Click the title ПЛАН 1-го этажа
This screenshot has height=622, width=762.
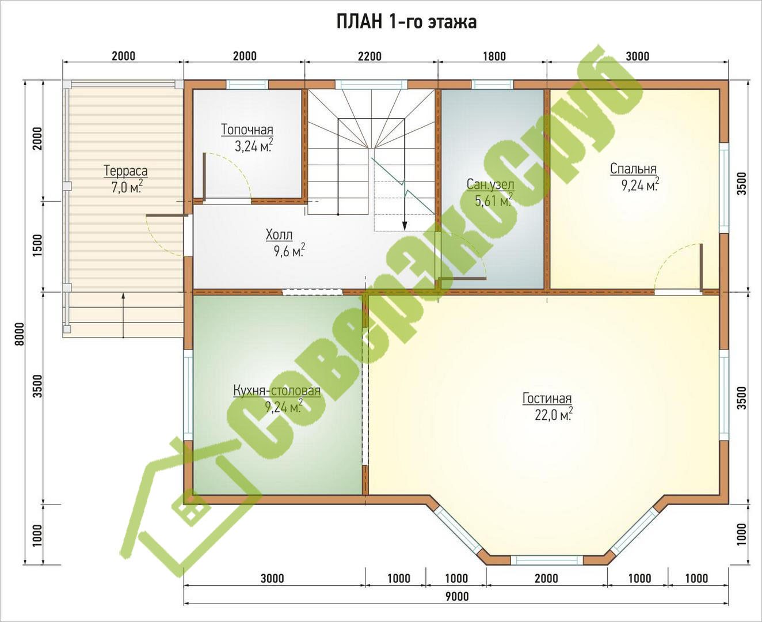(406, 22)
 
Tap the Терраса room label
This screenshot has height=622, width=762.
(125, 170)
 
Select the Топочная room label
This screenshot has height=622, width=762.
(247, 130)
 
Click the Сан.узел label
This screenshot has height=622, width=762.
(490, 184)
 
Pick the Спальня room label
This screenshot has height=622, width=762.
(634, 169)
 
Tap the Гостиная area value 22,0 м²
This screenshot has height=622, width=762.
(554, 415)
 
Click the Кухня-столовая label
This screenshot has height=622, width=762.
(277, 391)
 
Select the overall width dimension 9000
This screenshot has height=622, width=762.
(457, 596)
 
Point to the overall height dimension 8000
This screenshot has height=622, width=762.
(20, 334)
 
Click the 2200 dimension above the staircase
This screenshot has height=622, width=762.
(369, 56)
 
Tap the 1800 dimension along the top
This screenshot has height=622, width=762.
(494, 56)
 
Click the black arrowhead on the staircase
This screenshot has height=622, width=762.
(404, 226)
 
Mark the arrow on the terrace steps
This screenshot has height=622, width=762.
(123, 315)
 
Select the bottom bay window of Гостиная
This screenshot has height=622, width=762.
(547, 560)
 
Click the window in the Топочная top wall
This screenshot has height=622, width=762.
(247, 84)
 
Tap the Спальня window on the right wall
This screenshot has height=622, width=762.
(723, 187)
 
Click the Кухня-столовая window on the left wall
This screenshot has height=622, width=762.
(188, 395)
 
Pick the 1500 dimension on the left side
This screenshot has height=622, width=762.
(37, 245)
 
